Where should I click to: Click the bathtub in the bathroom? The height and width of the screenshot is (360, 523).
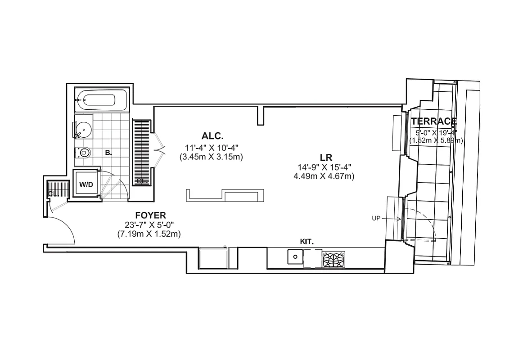tap(101, 100)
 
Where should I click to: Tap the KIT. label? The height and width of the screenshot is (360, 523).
tap(307, 242)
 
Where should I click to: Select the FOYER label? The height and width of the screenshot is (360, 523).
tap(150, 215)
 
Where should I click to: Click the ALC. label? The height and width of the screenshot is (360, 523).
tap(213, 135)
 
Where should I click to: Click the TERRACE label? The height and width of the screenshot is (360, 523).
tap(433, 121)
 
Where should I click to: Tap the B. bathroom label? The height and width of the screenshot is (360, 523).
tap(108, 153)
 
